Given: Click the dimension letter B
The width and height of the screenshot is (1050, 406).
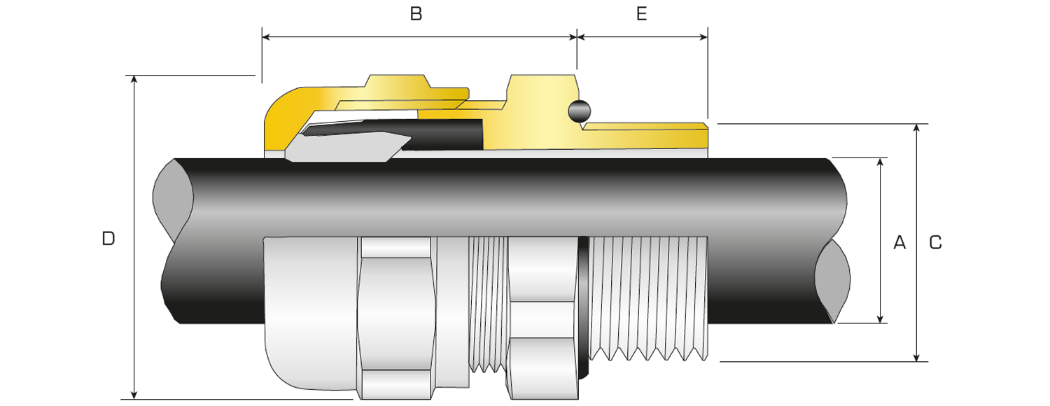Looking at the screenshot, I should (416, 14).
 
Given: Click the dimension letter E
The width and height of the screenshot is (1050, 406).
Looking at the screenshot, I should (641, 14).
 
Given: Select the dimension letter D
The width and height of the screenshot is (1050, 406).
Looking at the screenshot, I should (108, 239).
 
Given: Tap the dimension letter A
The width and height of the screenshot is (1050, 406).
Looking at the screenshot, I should (899, 243).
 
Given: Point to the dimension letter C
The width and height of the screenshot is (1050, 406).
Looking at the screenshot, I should (935, 243).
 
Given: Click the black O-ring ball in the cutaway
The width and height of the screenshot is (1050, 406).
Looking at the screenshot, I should (580, 111).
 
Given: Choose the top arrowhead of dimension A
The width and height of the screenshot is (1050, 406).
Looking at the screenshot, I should (881, 163).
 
